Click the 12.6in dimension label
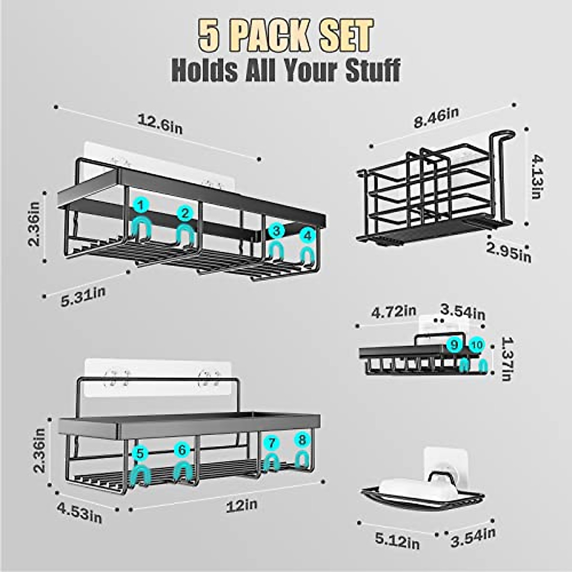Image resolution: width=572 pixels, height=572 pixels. pos(160,125)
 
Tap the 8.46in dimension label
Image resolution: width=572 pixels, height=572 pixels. pos(436,118)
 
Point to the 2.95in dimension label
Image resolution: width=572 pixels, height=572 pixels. pos(509,252)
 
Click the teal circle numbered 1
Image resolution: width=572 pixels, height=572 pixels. pos(141,206)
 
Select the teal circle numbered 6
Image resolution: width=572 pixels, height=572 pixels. pos(182,449)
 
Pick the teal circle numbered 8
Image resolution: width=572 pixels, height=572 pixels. pos(301,439)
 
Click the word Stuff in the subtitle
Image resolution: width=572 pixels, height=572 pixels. pos(367,70)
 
